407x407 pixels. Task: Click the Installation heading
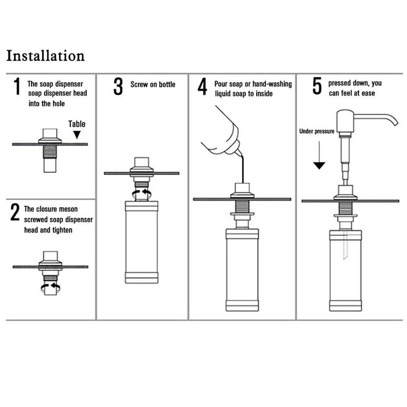[45, 56]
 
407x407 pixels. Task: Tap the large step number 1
[17, 86]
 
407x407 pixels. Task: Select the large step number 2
[15, 212]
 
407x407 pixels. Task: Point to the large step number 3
[118, 87]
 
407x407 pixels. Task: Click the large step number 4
[202, 87]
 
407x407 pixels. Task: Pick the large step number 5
[317, 86]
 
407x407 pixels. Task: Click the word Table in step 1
[77, 124]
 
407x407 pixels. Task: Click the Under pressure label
[317, 131]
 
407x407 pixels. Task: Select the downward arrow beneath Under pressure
[319, 155]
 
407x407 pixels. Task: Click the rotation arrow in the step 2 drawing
[51, 288]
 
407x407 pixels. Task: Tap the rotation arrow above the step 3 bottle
[142, 193]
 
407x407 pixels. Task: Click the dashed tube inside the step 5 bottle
[345, 245]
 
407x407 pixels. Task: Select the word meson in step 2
[69, 209]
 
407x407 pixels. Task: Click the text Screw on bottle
[153, 84]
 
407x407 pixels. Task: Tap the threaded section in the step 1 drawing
[50, 152]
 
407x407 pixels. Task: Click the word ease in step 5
[368, 93]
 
